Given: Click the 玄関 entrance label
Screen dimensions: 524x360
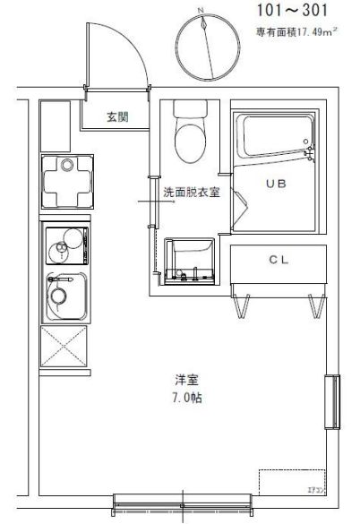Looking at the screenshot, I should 117,116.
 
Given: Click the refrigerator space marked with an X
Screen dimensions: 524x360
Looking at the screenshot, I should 64,348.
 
